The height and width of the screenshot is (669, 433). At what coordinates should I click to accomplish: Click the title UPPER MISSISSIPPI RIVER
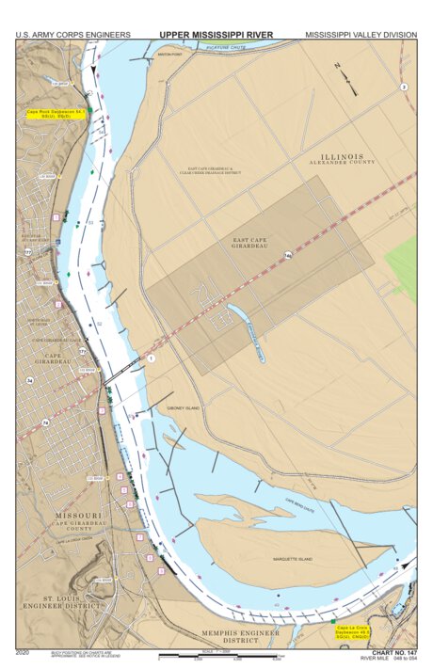[x=216, y=35]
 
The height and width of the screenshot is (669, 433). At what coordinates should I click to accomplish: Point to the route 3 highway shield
[x=403, y=87]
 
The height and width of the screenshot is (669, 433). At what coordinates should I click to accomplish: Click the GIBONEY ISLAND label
[x=184, y=408]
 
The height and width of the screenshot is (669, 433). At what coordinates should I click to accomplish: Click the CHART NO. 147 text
[x=394, y=651]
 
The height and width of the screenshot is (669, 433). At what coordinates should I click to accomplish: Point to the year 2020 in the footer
[x=24, y=651]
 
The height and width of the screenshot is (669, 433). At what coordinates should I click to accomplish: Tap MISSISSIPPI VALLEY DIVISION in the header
[x=361, y=35]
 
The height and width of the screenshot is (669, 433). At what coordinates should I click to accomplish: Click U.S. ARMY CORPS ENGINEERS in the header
[x=72, y=35]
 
